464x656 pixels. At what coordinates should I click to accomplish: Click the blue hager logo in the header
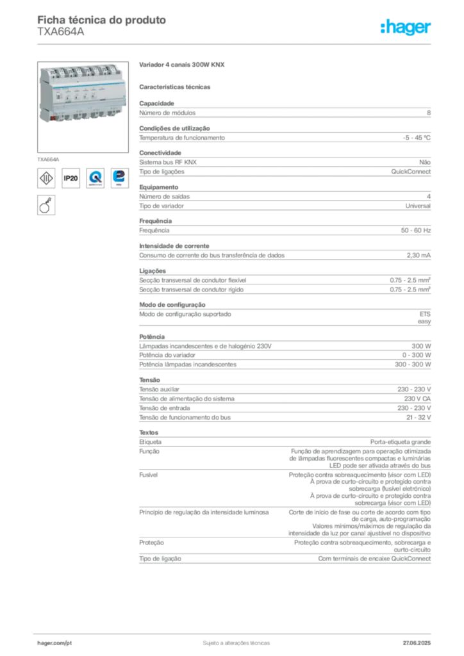(x=406, y=28)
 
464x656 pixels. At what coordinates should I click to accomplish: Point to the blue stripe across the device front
(x=80, y=88)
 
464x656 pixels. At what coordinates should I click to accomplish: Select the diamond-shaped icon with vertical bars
(x=46, y=177)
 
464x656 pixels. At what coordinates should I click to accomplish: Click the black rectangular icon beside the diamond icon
(x=71, y=178)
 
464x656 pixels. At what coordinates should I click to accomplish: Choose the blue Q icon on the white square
(x=95, y=177)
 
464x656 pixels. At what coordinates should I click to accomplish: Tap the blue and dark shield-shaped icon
(x=119, y=177)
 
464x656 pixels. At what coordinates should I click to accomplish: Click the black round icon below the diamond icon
(x=46, y=205)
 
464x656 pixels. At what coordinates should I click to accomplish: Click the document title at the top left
(x=103, y=20)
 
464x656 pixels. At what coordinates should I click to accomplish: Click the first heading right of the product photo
(x=181, y=65)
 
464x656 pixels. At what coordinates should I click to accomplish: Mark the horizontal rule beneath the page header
(x=236, y=44)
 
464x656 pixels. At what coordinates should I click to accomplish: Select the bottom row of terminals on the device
(x=87, y=116)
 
